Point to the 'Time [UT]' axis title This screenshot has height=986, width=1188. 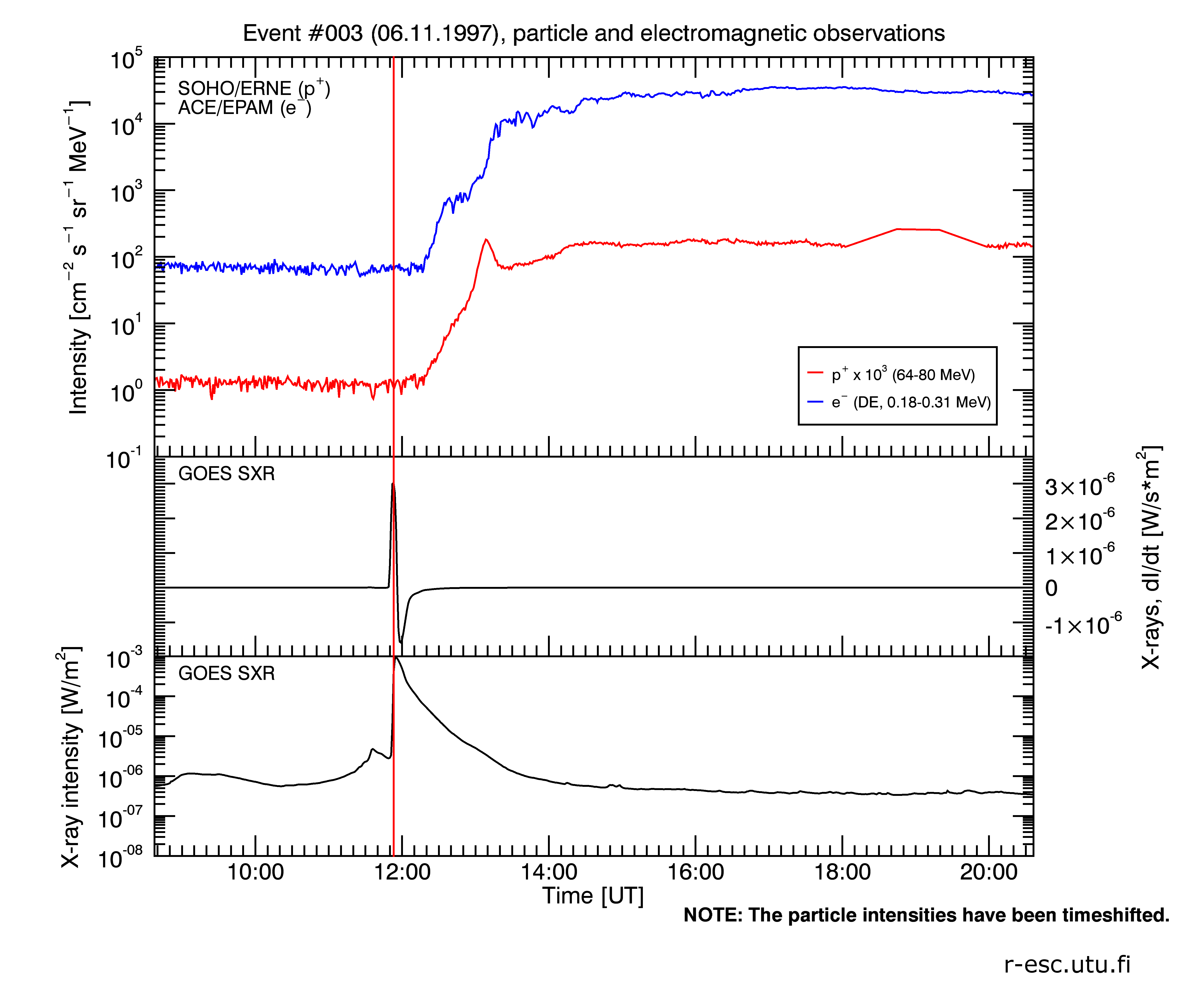(593, 896)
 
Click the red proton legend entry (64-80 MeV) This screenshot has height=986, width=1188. (902, 375)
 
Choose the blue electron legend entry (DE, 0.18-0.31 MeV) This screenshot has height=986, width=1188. (911, 402)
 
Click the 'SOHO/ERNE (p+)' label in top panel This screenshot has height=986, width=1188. (253, 88)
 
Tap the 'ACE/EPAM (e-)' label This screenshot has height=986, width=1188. (244, 107)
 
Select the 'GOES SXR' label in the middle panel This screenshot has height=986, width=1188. (226, 474)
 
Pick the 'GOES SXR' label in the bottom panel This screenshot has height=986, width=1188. (226, 674)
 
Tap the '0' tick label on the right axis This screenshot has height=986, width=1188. (1051, 589)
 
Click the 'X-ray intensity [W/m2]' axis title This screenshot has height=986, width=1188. (71, 758)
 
